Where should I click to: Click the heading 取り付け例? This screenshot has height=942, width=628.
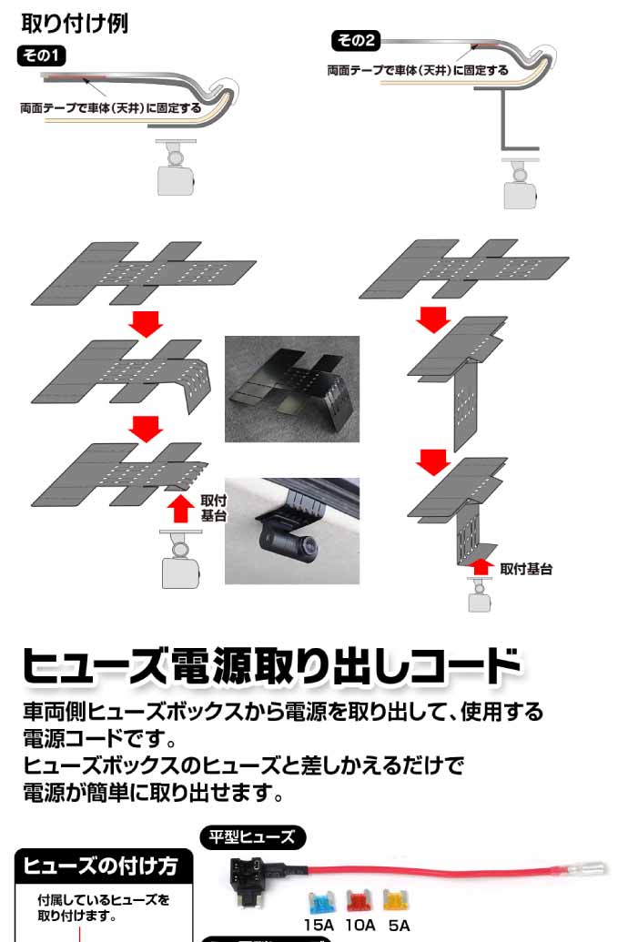coord(76,24)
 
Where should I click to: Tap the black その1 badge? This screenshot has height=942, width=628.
coord(42,56)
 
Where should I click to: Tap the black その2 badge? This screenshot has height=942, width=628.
coord(356,40)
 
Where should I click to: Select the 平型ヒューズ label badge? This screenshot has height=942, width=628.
coord(252,836)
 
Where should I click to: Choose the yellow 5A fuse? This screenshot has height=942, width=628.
coord(396,901)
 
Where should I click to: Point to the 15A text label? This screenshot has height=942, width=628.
coord(319,926)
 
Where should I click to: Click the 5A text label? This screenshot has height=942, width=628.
coord(399,926)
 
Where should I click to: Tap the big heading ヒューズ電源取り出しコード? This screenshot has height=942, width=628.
coord(271,665)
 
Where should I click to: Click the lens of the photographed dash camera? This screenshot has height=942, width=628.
coord(309,546)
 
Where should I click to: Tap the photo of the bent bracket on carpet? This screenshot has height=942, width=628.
coord(292,389)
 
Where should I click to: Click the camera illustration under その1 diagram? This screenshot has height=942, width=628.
coord(176,168)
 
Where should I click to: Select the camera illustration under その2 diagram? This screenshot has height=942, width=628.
coord(520,184)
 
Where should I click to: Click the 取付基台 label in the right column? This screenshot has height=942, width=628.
coord(526,569)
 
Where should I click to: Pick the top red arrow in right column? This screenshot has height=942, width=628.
coord(433,319)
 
